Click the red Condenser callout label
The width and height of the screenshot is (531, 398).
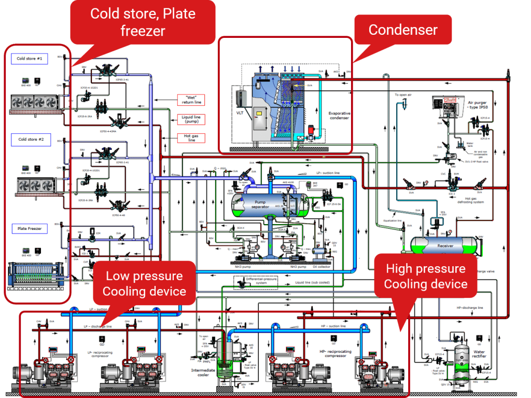coord(403,30)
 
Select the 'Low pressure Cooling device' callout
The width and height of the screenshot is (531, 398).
coord(144,283)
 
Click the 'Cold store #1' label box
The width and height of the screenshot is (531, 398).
coord(30,59)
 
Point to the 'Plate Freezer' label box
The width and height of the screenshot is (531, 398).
coord(30,228)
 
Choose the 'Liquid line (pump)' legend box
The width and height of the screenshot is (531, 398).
coord(191,120)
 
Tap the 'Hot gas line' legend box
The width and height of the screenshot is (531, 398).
coord(192,138)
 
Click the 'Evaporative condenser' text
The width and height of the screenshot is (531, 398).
coord(339,115)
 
